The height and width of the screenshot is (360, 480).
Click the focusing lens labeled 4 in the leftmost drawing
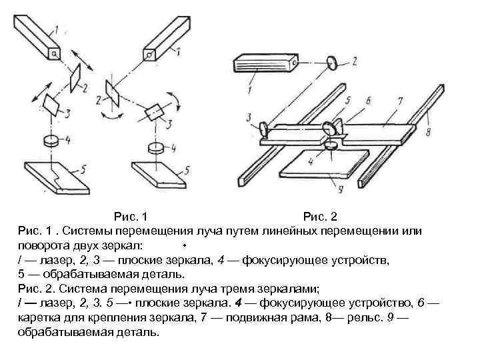pyautogui.click(x=51, y=141)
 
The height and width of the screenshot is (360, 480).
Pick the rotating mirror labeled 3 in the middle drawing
pyautogui.click(x=155, y=111)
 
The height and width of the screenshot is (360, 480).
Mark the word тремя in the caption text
pyautogui.click(x=245, y=288)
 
